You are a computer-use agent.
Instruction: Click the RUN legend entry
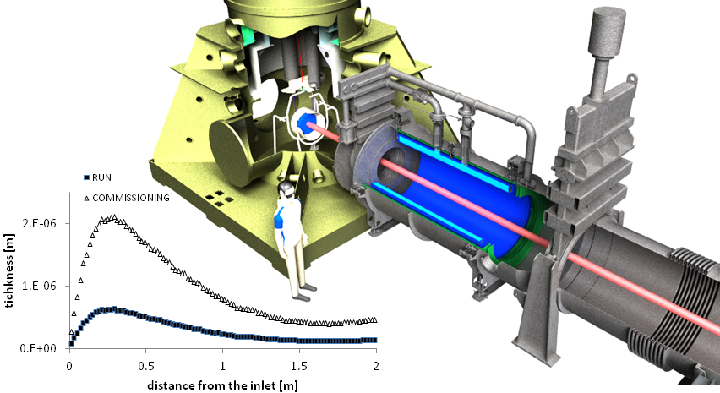pyautogui.click(x=97, y=177)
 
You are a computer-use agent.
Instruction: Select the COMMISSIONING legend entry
pyautogui.click(x=126, y=198)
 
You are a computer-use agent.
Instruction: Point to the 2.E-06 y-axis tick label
pyautogui.click(x=39, y=223)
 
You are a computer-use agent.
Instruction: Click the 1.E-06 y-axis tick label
pyautogui.click(x=39, y=286)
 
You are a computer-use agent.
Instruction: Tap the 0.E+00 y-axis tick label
pyautogui.click(x=38, y=348)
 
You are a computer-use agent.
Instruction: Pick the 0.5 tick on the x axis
pyautogui.click(x=145, y=366)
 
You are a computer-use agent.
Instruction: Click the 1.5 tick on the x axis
pyautogui.click(x=299, y=366)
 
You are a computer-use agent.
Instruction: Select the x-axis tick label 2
pyautogui.click(x=376, y=366)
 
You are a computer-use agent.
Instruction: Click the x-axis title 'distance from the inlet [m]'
pyautogui.click(x=222, y=385)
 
